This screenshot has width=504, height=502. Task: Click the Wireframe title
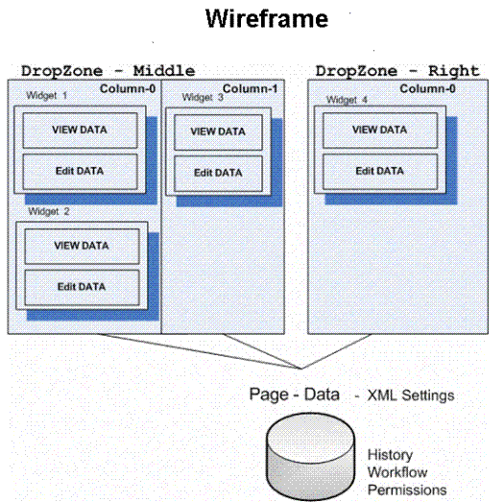267,18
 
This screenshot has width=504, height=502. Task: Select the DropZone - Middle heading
108,71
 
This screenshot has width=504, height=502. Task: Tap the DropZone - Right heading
397,71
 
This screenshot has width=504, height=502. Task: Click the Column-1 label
250,88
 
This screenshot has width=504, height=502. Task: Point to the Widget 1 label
47,95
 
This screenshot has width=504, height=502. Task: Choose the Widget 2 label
49,211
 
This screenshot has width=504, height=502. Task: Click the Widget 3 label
203,97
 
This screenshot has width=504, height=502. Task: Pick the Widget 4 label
347,100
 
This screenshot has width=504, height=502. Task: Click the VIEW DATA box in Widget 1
80,131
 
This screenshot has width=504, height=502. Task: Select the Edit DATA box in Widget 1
80,171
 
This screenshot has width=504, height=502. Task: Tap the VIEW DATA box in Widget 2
82,246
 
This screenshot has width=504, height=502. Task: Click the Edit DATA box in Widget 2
82,287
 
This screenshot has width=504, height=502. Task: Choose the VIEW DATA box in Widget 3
218,132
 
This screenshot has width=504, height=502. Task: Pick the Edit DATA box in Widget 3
218,173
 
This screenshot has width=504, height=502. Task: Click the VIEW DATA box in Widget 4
380,131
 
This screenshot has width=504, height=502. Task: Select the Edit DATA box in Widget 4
380,171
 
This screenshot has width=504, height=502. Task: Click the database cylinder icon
311,456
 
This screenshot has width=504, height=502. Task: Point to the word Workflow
397,472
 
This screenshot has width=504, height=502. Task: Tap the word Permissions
407,490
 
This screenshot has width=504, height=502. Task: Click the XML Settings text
411,395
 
